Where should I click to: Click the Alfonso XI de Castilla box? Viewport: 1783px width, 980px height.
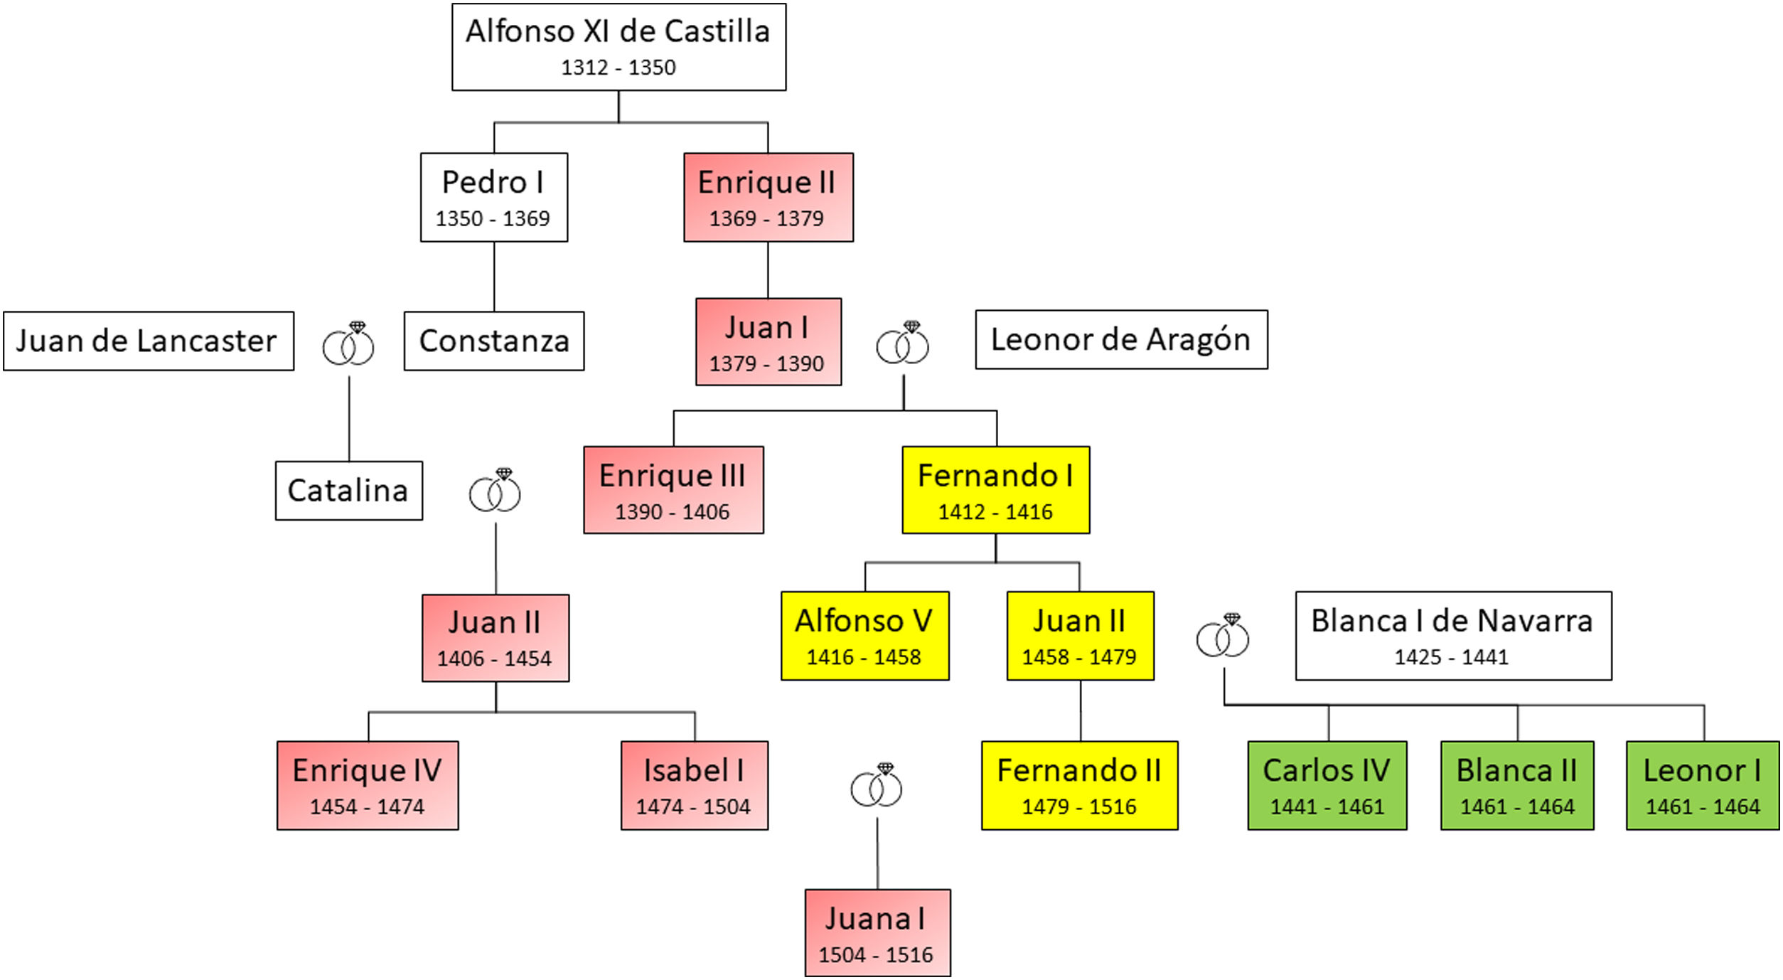(x=619, y=47)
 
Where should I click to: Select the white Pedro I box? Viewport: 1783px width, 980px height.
(x=493, y=197)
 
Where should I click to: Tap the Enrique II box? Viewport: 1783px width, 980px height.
(x=768, y=197)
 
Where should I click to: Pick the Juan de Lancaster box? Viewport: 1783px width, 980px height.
(x=148, y=341)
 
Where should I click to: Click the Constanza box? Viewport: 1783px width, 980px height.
(x=494, y=341)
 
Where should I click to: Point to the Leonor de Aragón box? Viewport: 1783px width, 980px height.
(x=1120, y=339)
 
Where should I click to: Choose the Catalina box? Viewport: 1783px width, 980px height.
(x=348, y=490)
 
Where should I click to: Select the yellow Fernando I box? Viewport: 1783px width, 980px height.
(x=995, y=489)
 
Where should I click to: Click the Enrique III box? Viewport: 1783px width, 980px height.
(x=673, y=489)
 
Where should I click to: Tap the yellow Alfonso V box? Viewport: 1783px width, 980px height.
(x=864, y=635)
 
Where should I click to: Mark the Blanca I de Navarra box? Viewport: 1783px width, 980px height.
(x=1452, y=635)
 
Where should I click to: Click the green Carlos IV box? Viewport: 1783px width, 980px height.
(x=1327, y=785)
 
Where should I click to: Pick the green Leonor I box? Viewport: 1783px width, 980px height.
(x=1702, y=785)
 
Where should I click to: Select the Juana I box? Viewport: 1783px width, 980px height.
(x=877, y=932)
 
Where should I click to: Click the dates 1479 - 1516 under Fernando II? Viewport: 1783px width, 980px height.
(x=1078, y=806)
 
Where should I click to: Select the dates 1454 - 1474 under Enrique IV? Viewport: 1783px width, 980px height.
(x=367, y=806)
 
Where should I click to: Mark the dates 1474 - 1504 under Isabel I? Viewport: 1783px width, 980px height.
(x=693, y=806)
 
